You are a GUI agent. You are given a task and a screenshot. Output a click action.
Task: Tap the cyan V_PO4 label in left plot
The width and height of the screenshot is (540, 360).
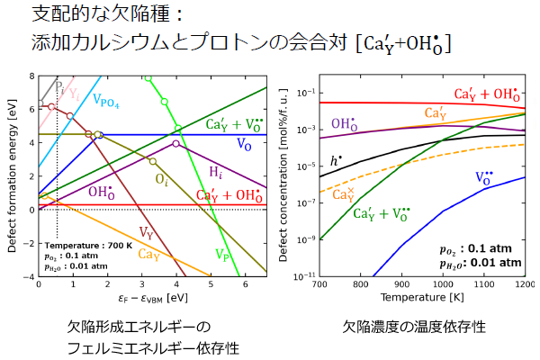coord(112,102)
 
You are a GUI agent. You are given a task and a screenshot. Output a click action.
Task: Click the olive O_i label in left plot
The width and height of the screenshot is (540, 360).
coord(161,181)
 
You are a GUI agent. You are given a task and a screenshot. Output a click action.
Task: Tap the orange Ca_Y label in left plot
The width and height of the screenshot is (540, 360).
coord(149,255)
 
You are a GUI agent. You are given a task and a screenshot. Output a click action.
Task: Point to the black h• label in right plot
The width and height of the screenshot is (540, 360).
coord(335,161)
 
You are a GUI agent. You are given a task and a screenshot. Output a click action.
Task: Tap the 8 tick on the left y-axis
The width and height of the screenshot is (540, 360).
coord(31,76)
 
